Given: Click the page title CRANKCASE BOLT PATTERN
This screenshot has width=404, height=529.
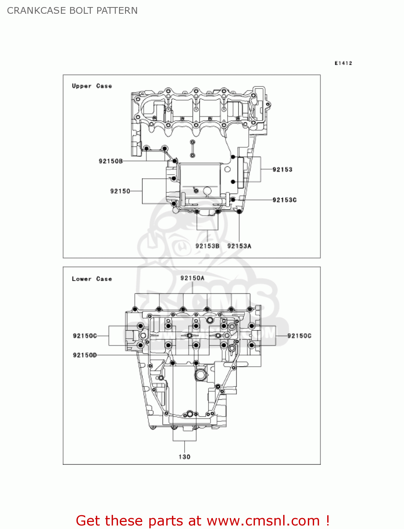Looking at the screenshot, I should click(72, 11).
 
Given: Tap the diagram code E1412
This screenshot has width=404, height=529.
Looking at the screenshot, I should click(343, 63).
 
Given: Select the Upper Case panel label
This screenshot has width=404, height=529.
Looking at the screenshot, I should click(92, 86).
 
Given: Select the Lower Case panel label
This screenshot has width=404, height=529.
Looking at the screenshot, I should click(92, 279).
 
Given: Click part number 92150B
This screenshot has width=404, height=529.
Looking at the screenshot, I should click(111, 161).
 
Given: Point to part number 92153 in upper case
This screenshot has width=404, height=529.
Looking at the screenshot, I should click(282, 170).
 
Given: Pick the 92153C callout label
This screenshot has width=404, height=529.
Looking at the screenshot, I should click(284, 200).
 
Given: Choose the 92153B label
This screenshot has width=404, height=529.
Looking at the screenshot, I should click(207, 246).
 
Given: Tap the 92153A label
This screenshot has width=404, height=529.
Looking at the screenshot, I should click(239, 246).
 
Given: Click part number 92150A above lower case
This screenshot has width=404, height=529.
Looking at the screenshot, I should click(192, 278).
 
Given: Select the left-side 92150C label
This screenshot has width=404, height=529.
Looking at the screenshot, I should click(85, 336).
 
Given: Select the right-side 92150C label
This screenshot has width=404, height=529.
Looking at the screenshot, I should click(299, 336).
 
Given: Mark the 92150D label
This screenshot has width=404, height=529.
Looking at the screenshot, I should click(85, 355).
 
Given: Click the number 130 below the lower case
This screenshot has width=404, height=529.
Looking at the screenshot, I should click(184, 457).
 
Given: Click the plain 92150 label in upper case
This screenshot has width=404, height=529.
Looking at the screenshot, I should click(120, 191).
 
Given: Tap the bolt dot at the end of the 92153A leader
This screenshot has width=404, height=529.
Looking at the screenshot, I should click(239, 212).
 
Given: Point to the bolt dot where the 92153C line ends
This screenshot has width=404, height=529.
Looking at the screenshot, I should click(233, 200).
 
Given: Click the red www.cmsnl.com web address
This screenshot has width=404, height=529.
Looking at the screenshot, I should click(263, 521).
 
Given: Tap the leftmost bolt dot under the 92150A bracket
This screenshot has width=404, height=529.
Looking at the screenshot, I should click(135, 309).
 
